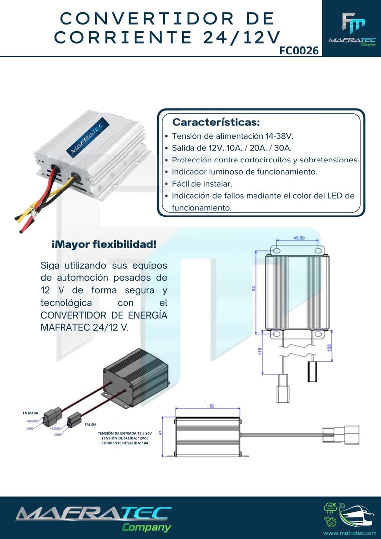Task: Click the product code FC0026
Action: pos(299,50)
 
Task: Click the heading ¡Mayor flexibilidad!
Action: pos(104,244)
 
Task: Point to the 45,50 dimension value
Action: pos(299,238)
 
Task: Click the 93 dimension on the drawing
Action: pos(254,289)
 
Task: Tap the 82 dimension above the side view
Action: pos(212,406)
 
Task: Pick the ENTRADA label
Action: pos(30,413)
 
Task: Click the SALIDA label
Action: pos(90,425)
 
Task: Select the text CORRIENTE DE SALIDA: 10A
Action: pos(125,443)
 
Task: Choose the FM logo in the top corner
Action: pos(353,23)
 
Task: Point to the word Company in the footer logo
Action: pos(146,527)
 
